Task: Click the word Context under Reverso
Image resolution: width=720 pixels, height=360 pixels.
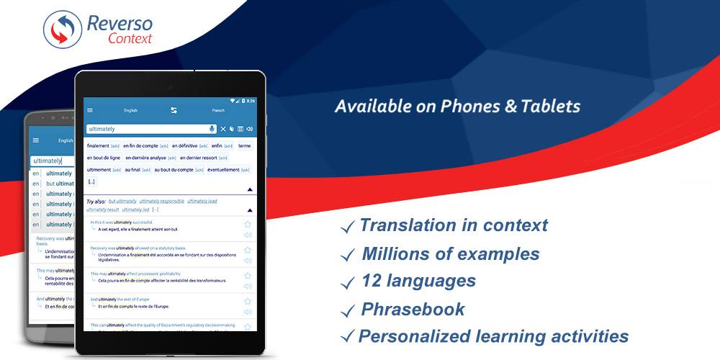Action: pos(130,39)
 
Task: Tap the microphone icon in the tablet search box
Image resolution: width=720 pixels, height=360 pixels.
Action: pos(212,129)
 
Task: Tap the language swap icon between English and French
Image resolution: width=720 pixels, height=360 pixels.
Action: pos(174,110)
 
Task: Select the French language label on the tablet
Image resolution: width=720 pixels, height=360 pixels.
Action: pos(218,110)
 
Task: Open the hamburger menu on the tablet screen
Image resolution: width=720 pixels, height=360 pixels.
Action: pos(90,110)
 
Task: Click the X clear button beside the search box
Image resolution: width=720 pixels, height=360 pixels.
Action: pos(223,129)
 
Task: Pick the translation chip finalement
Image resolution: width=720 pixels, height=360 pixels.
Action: pos(98,145)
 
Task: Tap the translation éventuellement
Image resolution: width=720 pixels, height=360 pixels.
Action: pos(223,170)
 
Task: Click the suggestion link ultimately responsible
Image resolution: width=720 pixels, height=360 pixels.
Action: pos(162,201)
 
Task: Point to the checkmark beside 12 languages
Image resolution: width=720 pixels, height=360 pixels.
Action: pos(348,282)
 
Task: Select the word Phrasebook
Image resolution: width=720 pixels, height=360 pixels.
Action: pos(413,310)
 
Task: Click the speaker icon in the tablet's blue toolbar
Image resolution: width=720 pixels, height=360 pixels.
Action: pos(249,129)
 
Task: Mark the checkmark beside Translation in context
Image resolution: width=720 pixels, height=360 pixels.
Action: pos(348,228)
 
